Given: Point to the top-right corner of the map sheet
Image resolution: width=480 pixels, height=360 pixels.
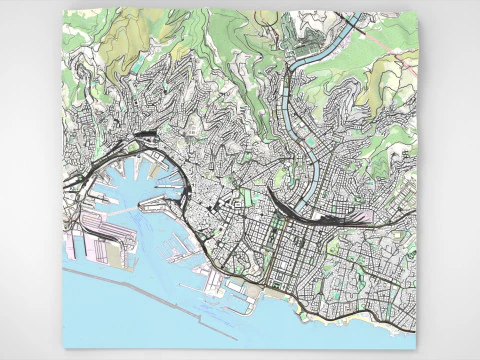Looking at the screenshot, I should tap(415, 12).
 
